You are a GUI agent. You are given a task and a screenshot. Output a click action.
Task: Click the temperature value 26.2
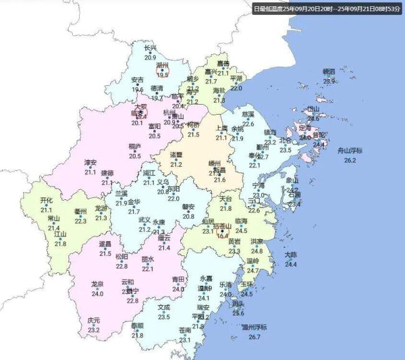pos(350,161)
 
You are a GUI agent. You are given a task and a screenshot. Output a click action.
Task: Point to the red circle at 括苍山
pos(222,233)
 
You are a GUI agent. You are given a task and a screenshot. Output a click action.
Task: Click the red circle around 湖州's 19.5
pos(163,72)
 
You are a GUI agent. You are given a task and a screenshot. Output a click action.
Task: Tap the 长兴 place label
pos(150,47)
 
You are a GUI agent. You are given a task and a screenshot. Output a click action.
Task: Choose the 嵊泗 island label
pos(329,72)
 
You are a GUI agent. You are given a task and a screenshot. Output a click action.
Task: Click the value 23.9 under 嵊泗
pos(329,81)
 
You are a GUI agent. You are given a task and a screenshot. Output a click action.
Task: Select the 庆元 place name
pos(93,320)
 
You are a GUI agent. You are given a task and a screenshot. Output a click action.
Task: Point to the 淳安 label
pos(90,163)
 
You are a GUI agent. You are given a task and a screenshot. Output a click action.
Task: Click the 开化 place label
pos(46,200)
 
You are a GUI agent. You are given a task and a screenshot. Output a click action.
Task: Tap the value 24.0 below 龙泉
pos(97,293)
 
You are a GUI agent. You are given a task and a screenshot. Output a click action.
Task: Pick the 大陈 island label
pos(291,254)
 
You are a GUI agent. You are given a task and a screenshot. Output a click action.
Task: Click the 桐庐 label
pos(135,146)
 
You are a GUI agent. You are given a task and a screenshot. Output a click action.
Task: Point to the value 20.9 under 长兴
pos(150,57)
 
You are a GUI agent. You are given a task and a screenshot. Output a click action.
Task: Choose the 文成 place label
pos(164,307)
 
